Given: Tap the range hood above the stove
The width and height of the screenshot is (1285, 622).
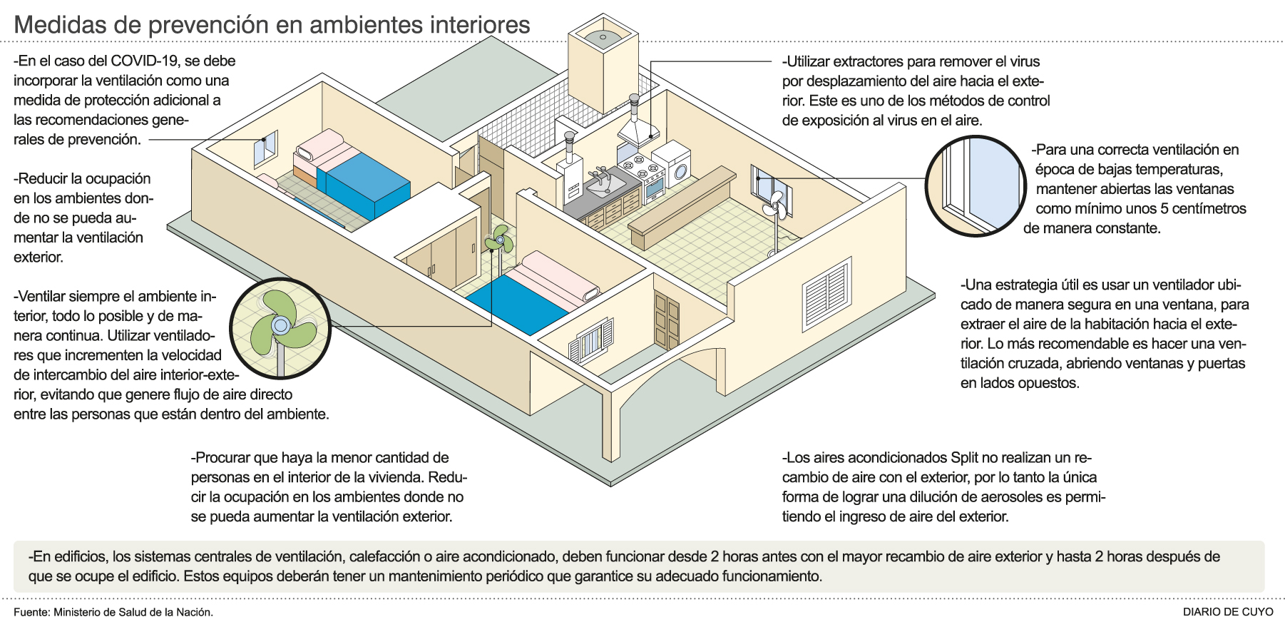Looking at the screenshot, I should coord(638,131).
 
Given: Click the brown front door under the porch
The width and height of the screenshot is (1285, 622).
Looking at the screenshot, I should coord(667,322).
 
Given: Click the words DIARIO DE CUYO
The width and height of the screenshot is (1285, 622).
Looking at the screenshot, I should coord(1227,611).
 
